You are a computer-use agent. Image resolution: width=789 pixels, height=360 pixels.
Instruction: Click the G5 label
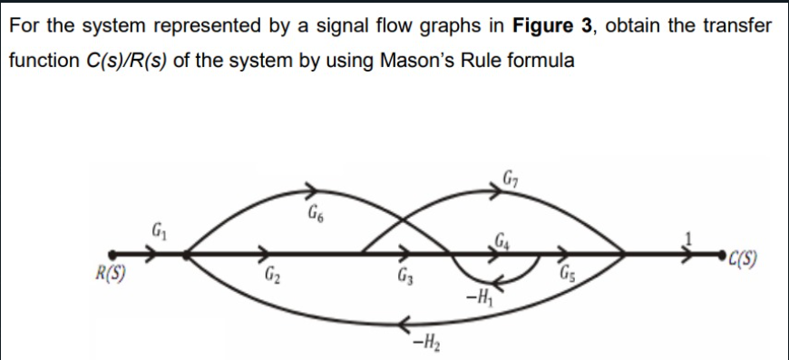[569, 276]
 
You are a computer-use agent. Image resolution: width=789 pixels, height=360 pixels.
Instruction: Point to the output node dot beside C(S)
[722, 257]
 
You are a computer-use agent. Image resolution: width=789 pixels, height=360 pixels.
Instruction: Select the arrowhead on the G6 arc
[311, 190]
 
